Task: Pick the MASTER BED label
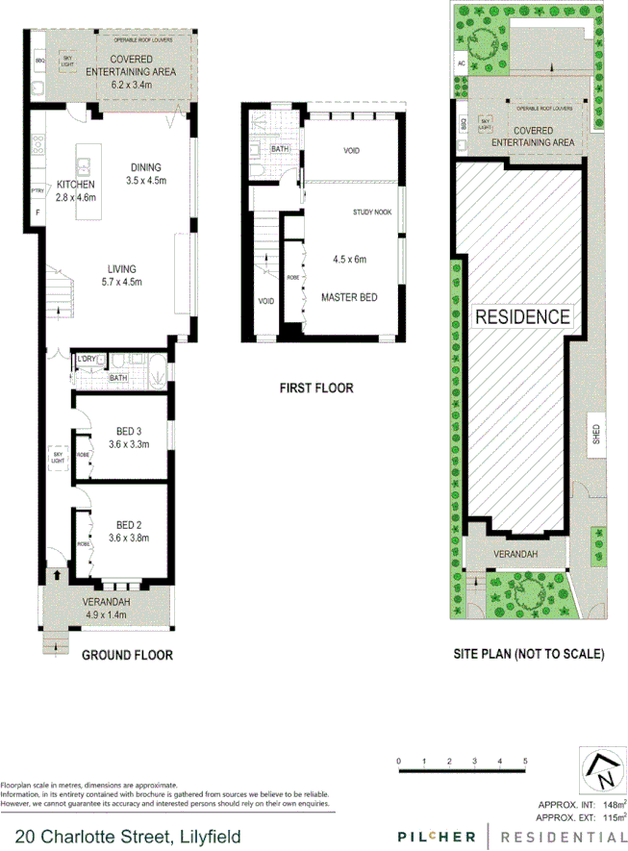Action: tap(348, 297)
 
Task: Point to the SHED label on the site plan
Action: tap(596, 431)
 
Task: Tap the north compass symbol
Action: tap(605, 769)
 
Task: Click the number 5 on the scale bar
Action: tap(525, 762)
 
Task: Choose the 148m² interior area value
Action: tap(613, 803)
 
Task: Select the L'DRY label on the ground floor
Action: tap(87, 359)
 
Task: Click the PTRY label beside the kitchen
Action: tap(38, 188)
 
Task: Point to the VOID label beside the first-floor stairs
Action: tap(266, 301)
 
